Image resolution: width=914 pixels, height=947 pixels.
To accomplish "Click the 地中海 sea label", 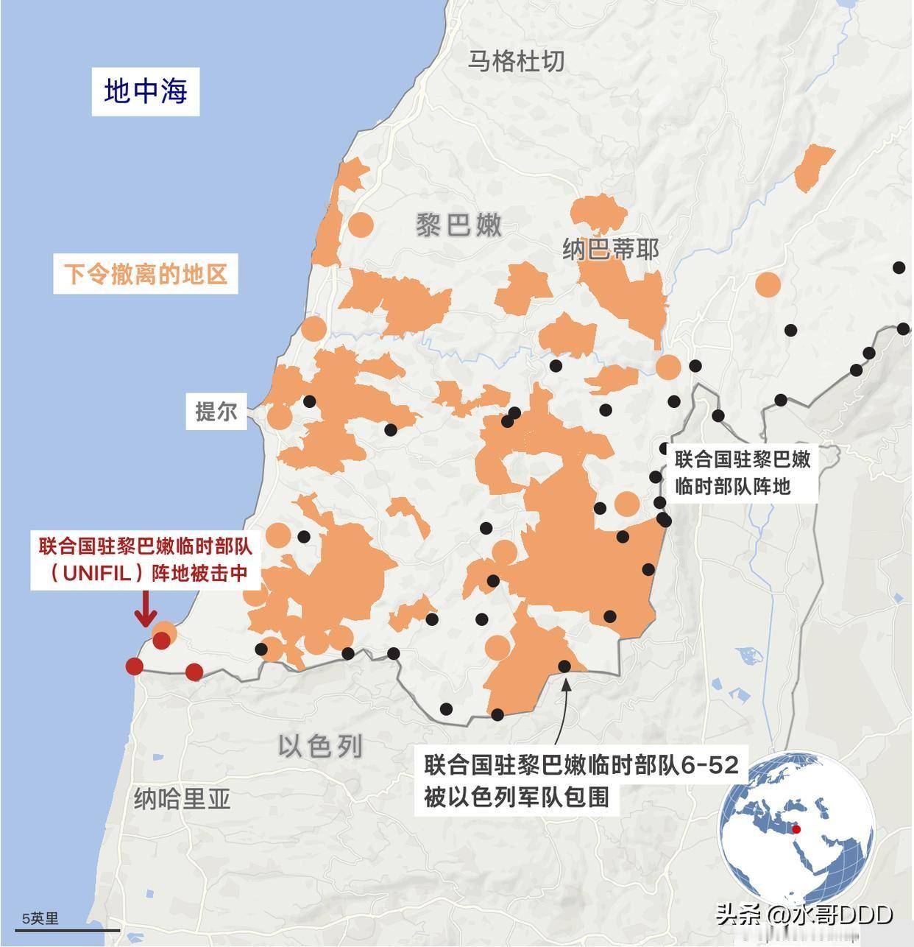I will click(146, 91).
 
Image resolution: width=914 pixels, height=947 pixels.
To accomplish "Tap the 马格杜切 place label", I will click(517, 61).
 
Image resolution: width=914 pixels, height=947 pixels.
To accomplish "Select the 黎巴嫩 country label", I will click(458, 225).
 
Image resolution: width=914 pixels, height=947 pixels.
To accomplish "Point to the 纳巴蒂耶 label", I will click(610, 250).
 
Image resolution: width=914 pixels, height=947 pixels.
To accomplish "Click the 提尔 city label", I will click(216, 411).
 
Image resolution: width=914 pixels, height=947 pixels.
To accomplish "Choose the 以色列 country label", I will click(321, 746).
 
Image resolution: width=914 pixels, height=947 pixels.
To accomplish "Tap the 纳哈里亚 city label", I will click(183, 798).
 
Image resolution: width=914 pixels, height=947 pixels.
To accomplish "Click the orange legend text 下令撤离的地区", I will click(145, 274).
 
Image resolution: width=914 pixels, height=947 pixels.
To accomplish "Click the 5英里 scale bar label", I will click(40, 918).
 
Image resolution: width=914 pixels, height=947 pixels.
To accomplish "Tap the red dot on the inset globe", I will click(796, 829).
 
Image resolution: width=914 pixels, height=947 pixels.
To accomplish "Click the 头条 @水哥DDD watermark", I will click(804, 915).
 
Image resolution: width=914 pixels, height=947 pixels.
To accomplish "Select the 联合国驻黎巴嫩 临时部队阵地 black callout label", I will click(743, 473).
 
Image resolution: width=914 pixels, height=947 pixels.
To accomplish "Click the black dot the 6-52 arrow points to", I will click(564, 666).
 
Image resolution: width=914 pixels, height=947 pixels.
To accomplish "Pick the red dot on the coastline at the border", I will click(134, 666).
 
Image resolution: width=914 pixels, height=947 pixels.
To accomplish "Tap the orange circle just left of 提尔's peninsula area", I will click(280, 417).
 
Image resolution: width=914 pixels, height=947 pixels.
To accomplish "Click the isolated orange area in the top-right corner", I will click(814, 168).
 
